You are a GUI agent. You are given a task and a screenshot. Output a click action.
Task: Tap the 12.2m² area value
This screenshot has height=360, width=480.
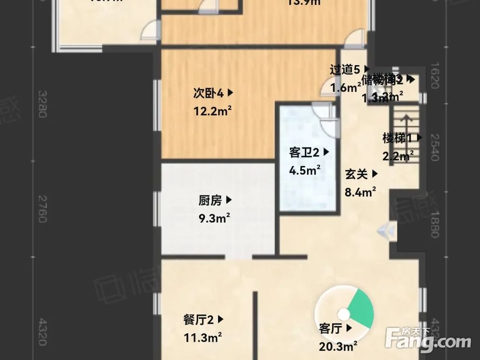213,111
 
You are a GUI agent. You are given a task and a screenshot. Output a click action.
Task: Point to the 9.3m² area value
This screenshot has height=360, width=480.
214,218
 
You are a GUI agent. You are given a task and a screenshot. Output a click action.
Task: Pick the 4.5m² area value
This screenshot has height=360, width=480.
305,170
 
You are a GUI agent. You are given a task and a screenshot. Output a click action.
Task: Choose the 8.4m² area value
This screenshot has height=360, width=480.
360,192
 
